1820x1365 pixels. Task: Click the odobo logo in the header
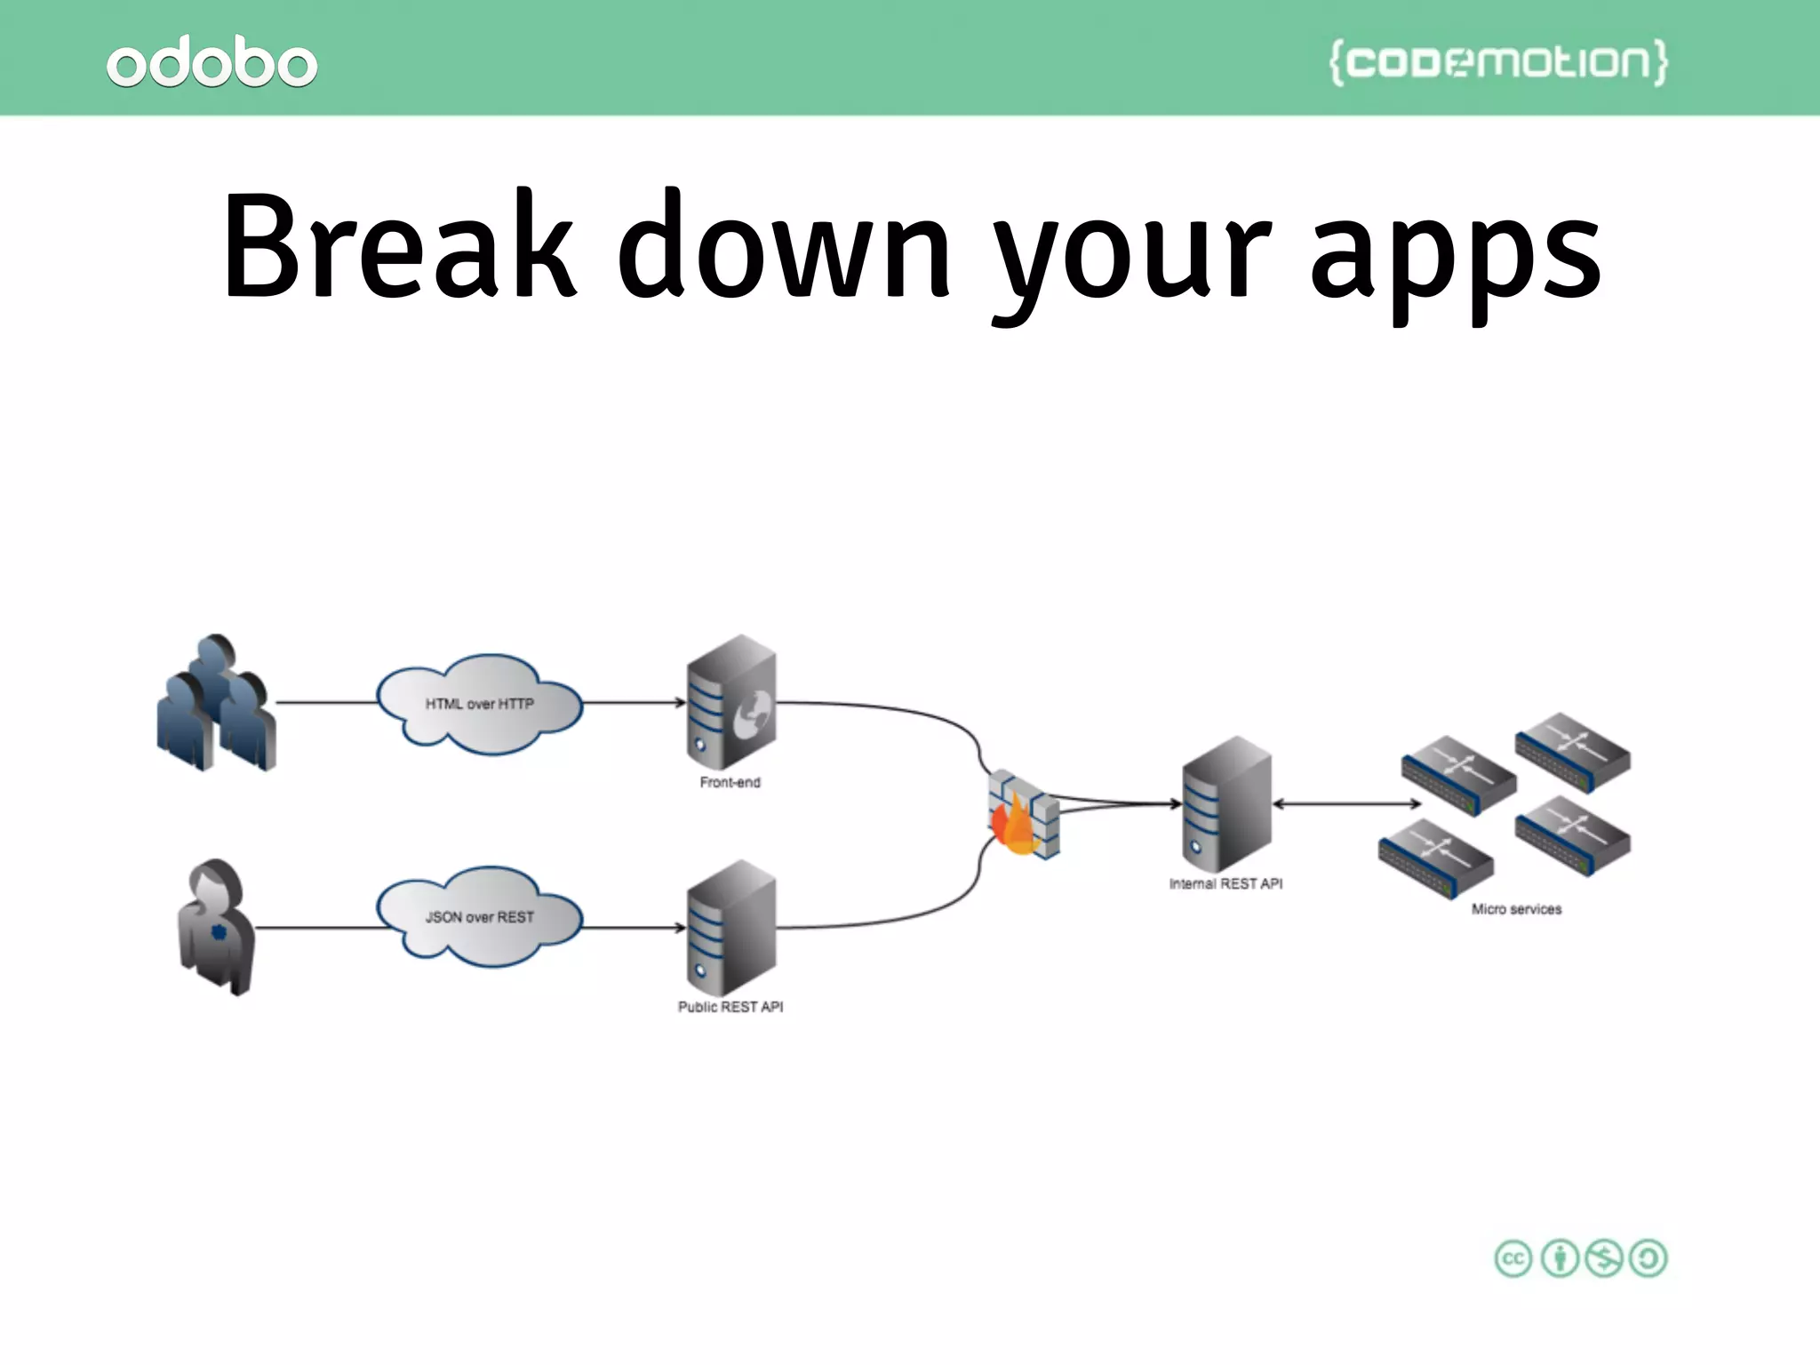(212, 62)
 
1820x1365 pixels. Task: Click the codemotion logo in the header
(1498, 62)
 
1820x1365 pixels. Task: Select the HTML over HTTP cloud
(479, 704)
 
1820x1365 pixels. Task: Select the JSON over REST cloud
(479, 916)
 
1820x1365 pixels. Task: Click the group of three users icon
(216, 703)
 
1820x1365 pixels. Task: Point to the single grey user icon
(216, 927)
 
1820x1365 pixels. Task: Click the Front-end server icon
(730, 702)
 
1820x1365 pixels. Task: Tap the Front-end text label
(730, 782)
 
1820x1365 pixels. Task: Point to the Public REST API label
(730, 1007)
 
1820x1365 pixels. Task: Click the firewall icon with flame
(1023, 814)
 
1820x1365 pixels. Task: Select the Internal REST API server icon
(1226, 803)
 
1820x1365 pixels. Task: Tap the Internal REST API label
(1225, 883)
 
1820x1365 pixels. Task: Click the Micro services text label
(1516, 909)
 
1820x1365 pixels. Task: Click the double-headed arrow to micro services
(1346, 804)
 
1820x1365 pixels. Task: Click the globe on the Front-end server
(753, 714)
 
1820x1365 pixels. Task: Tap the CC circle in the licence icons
(1513, 1258)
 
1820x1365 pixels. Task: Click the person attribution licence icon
(1560, 1258)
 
